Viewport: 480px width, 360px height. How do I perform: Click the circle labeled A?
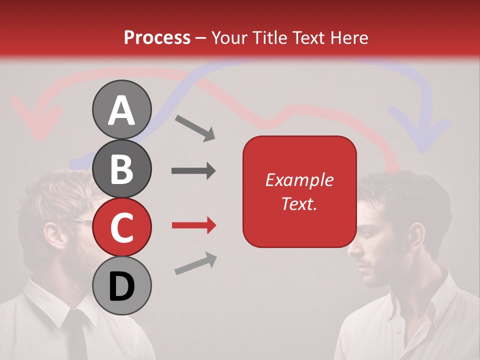[x=121, y=109]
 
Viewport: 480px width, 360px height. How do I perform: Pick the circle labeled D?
[x=121, y=285]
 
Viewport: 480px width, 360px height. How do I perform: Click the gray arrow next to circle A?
[x=194, y=127]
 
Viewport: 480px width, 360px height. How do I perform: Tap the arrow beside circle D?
[x=195, y=263]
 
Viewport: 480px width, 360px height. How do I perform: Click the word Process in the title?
[x=157, y=37]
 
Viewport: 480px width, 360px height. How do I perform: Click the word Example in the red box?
[x=299, y=180]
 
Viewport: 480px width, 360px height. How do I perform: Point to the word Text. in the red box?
[x=299, y=203]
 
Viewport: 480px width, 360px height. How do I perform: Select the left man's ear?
[x=51, y=235]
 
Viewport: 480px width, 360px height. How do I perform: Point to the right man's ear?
[x=416, y=235]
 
